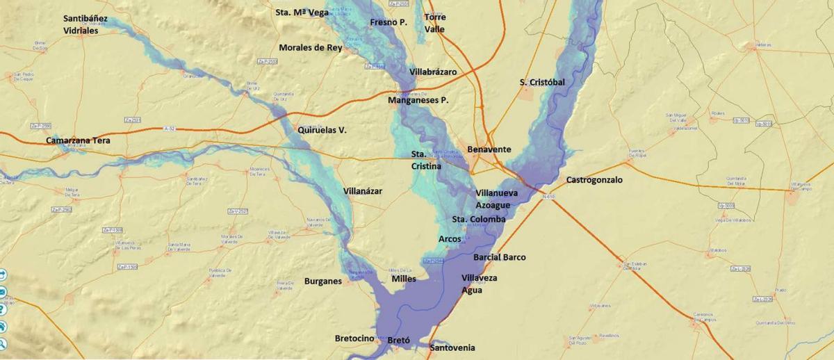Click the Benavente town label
coord(489,149)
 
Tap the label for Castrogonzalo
coord(594,180)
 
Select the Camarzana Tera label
coord(78,140)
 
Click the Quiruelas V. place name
coord(322,130)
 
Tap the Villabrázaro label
coord(433,72)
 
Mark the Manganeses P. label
coord(418,100)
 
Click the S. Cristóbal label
coord(542,82)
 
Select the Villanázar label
coord(363,191)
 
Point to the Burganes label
coord(323,281)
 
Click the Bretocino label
coord(354,338)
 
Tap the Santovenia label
coord(452,347)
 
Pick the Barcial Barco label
coord(499,257)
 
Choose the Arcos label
coord(450,239)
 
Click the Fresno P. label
coord(388,22)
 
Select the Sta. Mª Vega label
coord(302,12)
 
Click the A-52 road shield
coord(169,129)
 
